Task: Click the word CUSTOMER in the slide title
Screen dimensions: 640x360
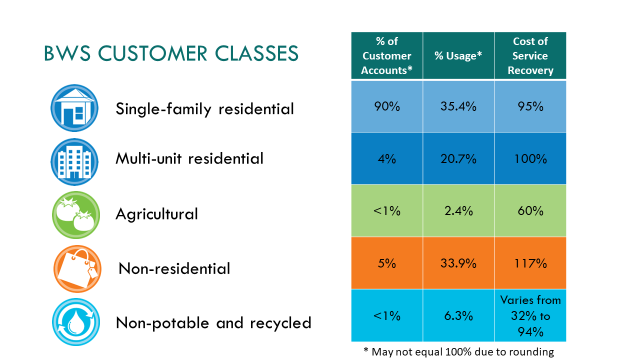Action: click(x=153, y=53)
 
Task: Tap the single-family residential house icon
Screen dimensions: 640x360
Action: click(x=74, y=108)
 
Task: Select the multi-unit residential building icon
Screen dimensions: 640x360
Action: click(x=74, y=161)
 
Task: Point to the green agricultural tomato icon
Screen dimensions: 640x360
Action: click(x=76, y=215)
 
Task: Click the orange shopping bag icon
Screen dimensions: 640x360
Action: click(x=77, y=269)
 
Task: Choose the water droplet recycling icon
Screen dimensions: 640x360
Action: click(x=76, y=322)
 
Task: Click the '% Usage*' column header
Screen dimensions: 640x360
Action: click(x=458, y=55)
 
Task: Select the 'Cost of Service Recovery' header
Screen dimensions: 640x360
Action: click(x=530, y=55)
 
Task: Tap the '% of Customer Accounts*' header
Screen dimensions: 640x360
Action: click(x=387, y=55)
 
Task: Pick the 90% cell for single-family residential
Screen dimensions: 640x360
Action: click(x=387, y=106)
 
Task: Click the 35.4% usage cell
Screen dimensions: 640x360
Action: click(x=458, y=106)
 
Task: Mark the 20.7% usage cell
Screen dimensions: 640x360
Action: click(x=458, y=158)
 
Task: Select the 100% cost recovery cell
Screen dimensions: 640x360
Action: click(x=530, y=158)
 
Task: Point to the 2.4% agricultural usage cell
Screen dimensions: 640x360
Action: click(x=458, y=211)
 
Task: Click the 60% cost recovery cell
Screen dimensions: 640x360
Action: click(x=530, y=211)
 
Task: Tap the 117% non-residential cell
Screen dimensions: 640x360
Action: click(x=530, y=263)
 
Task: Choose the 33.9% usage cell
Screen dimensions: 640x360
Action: click(x=458, y=263)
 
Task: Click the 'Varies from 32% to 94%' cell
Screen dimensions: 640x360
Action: click(x=530, y=315)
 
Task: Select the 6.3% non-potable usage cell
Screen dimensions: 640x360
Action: click(x=458, y=315)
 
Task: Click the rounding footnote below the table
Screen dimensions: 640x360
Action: click(x=459, y=352)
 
